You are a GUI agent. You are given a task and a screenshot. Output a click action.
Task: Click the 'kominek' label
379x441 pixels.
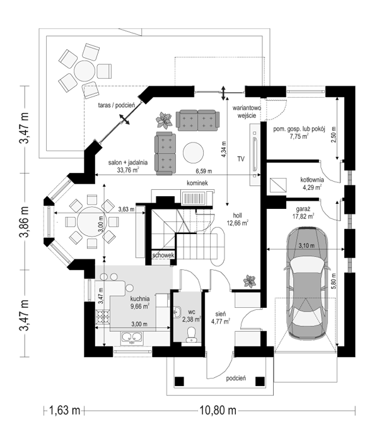coord(197,183)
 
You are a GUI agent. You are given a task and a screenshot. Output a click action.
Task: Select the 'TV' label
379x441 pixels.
coord(240,159)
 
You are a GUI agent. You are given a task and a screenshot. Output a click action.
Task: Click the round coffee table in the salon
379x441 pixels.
coord(193,152)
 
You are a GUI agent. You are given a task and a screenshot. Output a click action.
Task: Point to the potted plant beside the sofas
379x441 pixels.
coord(165,120)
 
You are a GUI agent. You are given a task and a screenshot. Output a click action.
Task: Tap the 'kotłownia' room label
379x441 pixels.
coord(312,179)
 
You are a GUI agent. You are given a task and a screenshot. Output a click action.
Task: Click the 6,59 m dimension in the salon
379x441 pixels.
coord(204,171)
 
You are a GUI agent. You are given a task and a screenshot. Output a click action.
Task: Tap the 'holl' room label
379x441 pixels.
coord(237,215)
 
